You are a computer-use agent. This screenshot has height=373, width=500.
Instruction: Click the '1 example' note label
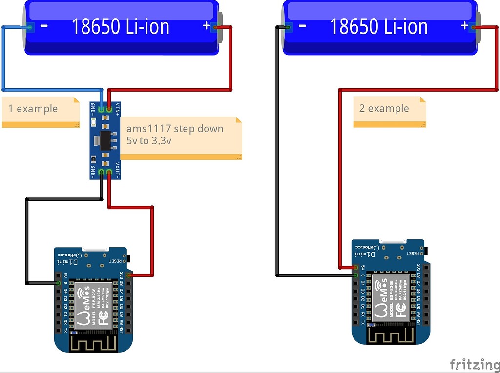(33, 109)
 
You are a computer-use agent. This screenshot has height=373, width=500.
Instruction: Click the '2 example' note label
(384, 108)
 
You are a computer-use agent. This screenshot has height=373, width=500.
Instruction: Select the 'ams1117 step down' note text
(174, 129)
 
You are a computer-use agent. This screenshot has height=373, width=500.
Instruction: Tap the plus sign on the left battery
(206, 25)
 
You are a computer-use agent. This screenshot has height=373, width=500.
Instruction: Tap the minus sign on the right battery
(302, 25)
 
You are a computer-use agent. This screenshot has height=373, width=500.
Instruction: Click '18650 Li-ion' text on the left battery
(121, 26)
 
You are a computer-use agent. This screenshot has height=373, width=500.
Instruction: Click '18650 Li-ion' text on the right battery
(379, 26)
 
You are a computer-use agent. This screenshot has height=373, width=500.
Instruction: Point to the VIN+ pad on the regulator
(109, 110)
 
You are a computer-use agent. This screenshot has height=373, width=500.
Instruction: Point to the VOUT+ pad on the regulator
(109, 172)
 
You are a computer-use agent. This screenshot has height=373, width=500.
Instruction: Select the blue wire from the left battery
(4, 59)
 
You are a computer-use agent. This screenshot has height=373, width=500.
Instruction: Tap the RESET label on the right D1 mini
(413, 254)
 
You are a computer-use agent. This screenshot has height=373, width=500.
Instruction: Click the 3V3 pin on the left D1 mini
(129, 275)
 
